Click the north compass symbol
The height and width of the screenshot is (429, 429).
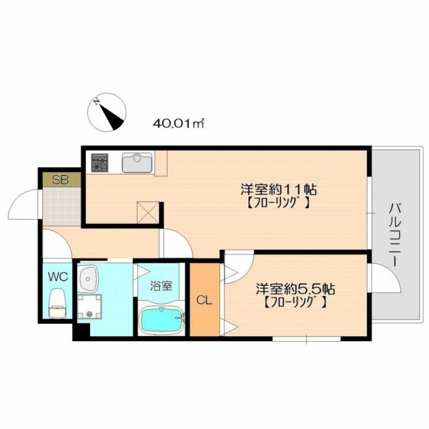[x=107, y=112]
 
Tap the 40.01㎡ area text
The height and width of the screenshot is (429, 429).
[x=179, y=124]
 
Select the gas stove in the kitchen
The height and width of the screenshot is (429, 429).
[x=100, y=163]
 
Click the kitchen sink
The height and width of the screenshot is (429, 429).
[x=137, y=162]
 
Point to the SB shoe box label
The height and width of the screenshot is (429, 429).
[x=61, y=180]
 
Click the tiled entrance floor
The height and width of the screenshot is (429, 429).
[x=62, y=207]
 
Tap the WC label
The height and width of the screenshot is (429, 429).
[x=58, y=277]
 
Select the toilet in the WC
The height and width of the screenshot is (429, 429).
[x=57, y=304]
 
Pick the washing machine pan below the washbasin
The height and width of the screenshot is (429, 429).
[x=90, y=306]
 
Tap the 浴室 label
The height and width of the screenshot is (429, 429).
[x=161, y=286]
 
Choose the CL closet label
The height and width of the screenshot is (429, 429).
[x=204, y=301]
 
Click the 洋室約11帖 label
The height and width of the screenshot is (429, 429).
[x=279, y=189]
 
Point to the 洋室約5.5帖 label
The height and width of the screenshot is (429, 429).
[x=295, y=289]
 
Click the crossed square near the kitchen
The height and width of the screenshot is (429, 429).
[x=148, y=213]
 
